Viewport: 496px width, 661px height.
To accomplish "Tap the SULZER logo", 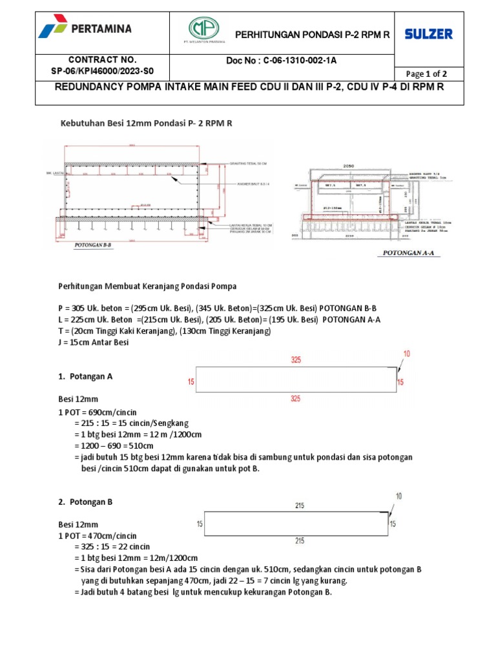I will tap(429, 34).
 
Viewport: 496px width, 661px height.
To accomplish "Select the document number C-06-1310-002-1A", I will tap(281, 61).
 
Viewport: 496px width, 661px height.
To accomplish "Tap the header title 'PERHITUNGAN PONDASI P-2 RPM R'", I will tap(311, 34).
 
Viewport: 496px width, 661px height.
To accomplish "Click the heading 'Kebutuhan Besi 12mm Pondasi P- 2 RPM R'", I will tap(146, 122).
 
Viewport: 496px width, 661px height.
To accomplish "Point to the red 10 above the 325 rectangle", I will tap(406, 353).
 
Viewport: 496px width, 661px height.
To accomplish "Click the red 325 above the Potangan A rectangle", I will tap(296, 360).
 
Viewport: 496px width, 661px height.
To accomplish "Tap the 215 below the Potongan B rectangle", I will tap(300, 541).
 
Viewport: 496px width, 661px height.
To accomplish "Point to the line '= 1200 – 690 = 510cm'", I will tap(114, 445).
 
